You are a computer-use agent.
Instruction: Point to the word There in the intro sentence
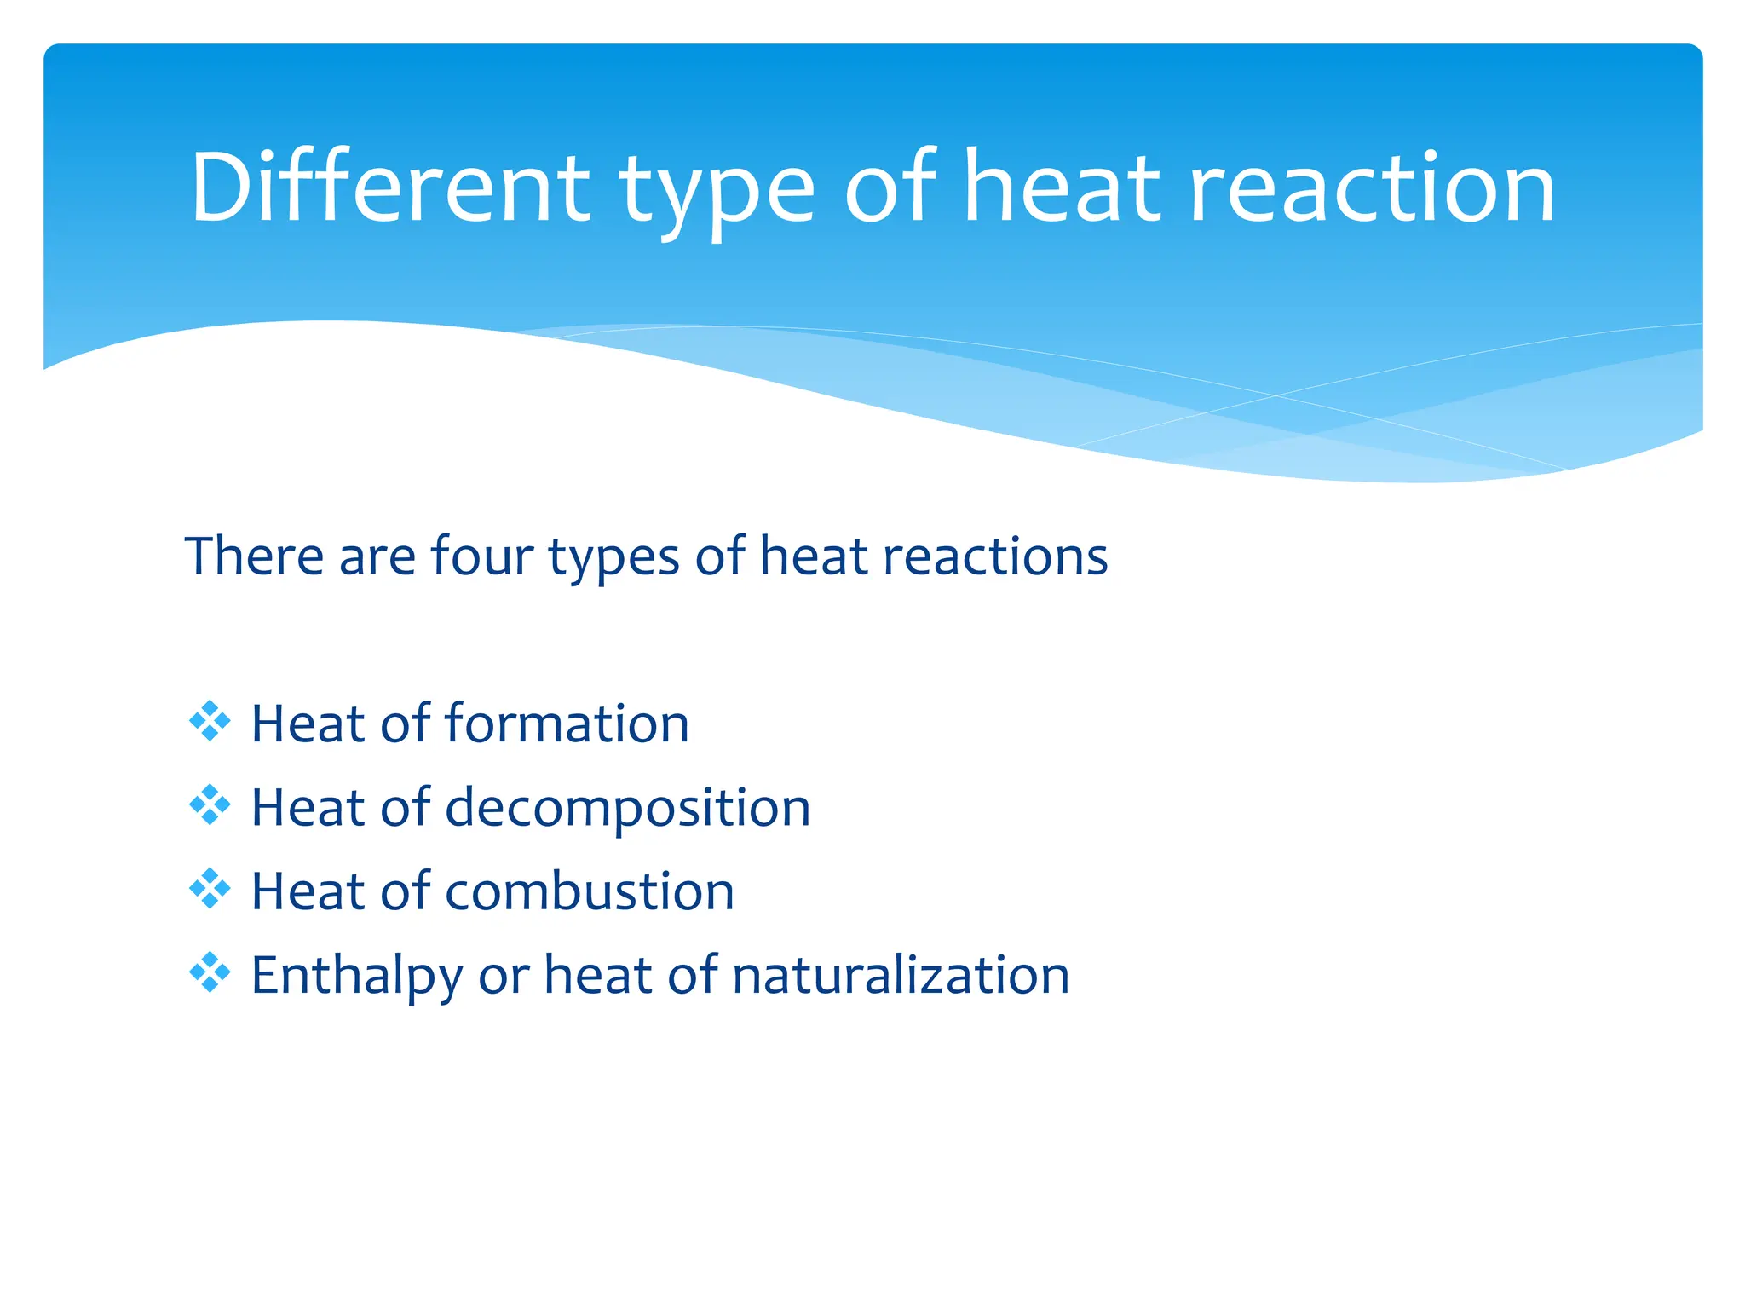tap(254, 556)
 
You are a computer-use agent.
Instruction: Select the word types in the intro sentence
tap(613, 559)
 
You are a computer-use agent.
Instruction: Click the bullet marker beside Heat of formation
tap(210, 722)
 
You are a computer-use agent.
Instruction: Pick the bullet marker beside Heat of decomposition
tap(210, 805)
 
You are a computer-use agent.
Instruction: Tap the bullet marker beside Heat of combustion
tap(210, 890)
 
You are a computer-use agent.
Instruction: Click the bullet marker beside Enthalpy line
tap(210, 973)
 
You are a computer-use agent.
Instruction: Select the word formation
tap(567, 724)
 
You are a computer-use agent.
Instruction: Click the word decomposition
tap(627, 809)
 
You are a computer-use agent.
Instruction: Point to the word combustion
tap(589, 891)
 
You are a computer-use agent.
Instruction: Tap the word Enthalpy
tap(356, 977)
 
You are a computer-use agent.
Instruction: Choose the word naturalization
tap(900, 975)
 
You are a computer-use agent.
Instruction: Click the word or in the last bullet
tap(504, 977)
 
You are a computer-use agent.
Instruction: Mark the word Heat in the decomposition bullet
tap(308, 807)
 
